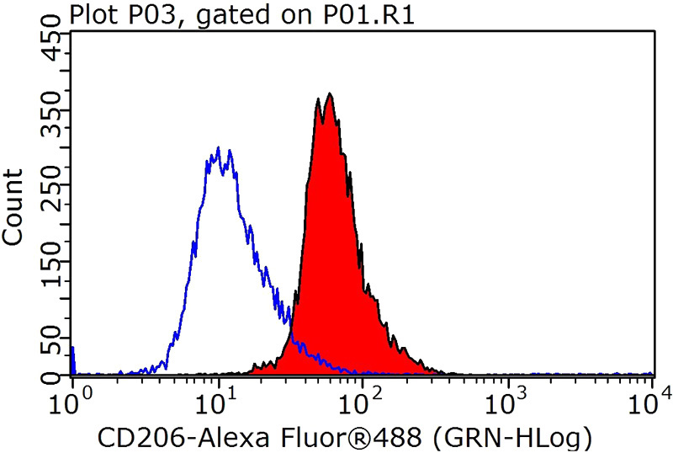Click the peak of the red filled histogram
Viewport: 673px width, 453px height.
(x=329, y=95)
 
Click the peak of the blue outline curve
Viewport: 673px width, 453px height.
(x=219, y=149)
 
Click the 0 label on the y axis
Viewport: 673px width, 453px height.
(x=50, y=370)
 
